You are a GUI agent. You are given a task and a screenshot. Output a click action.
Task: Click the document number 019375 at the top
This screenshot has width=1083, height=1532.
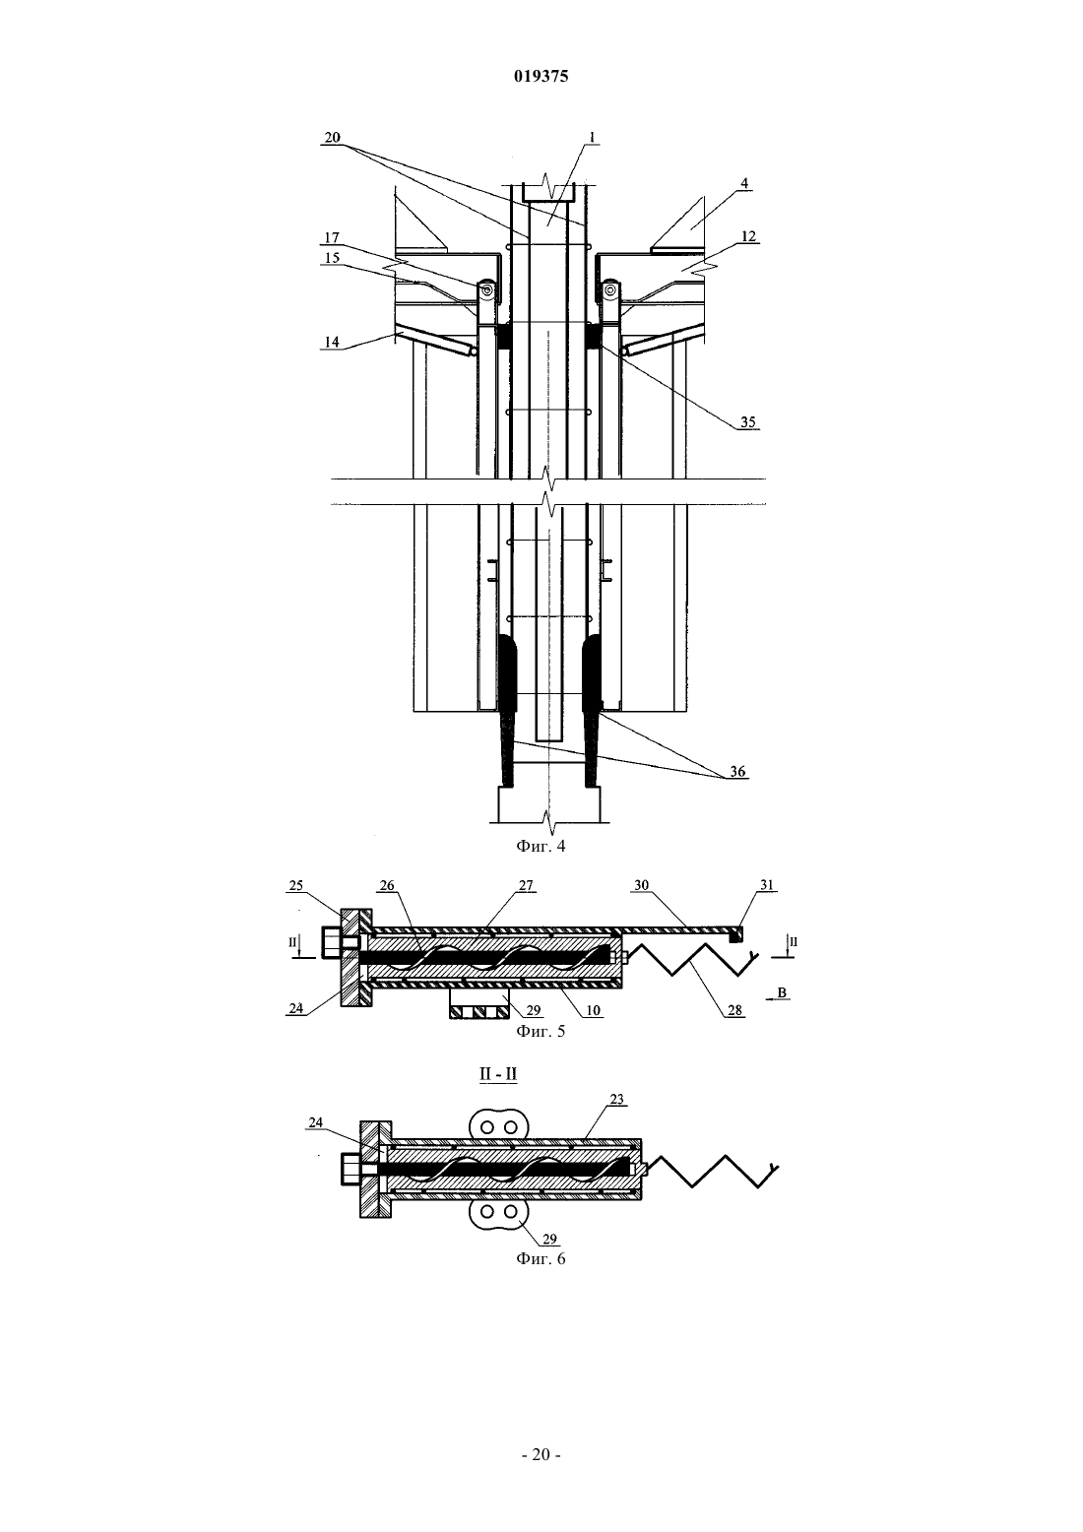[x=541, y=76]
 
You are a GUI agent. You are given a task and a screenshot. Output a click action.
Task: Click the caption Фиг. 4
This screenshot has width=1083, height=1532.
[x=541, y=846]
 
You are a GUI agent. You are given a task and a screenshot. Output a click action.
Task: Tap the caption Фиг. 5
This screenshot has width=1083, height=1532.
[x=541, y=1031]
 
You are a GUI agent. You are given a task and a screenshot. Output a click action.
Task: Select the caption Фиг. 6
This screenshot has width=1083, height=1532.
[x=541, y=1258]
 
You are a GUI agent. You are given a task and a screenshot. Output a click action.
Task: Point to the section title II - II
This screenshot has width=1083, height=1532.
[x=498, y=1074]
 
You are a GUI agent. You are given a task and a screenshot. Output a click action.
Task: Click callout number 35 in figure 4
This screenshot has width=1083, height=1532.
[x=748, y=421]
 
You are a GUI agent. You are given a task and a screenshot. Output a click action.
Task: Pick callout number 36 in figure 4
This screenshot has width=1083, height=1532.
[x=737, y=772]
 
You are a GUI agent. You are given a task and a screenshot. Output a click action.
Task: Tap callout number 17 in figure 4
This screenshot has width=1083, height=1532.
[x=332, y=238]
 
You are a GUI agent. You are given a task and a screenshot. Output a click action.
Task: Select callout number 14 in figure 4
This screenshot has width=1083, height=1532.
[x=332, y=342]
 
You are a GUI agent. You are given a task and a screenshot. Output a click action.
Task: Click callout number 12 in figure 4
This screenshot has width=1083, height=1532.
[x=748, y=236]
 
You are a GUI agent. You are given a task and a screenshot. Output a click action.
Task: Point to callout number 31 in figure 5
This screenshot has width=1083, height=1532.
[x=766, y=885]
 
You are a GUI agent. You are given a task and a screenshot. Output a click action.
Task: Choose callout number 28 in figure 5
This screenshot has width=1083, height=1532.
[x=735, y=1010]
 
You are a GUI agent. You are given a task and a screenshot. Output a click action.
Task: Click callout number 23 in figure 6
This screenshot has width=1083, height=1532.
[x=616, y=1099]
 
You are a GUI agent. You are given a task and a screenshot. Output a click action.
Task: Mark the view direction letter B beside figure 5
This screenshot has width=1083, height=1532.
[x=783, y=992]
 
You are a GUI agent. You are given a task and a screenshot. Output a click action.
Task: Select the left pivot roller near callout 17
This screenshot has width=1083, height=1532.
[x=486, y=290]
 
